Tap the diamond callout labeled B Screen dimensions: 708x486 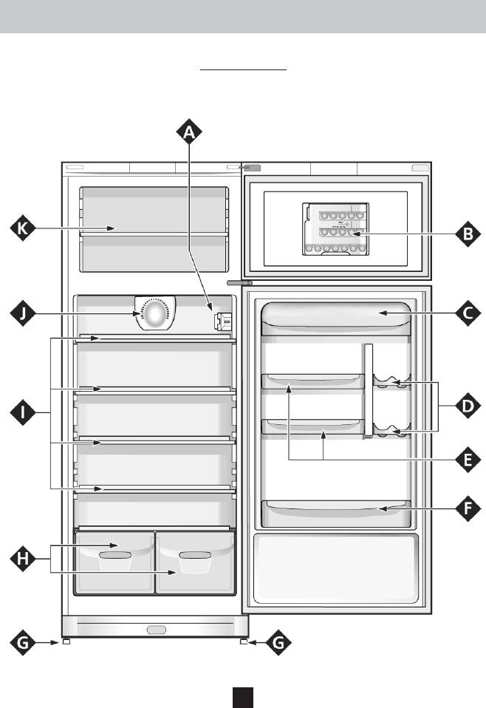[x=468, y=235]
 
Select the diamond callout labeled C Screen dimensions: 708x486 [x=468, y=313]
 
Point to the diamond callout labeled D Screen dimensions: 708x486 [x=468, y=405]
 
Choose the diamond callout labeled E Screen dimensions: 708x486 [x=468, y=460]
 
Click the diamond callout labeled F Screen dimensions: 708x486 [x=468, y=508]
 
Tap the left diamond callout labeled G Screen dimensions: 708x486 [x=24, y=644]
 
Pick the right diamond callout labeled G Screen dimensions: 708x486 [x=278, y=644]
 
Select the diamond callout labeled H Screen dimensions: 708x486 [x=24, y=559]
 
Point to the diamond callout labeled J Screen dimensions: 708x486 [x=24, y=313]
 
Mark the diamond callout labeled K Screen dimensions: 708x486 [x=24, y=229]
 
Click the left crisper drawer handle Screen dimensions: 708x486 [x=114, y=554]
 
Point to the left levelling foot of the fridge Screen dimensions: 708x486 [x=66, y=642]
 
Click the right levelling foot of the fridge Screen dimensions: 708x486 [x=243, y=642]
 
